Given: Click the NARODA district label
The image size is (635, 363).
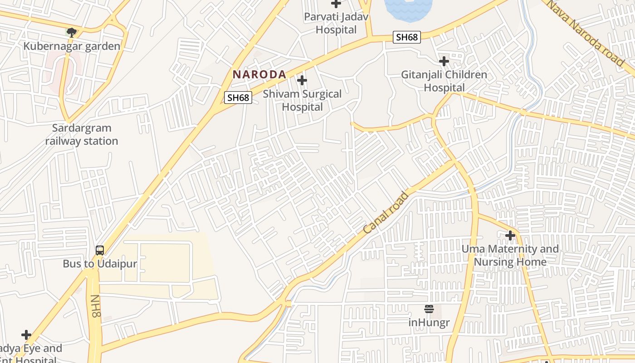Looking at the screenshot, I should click(259, 74).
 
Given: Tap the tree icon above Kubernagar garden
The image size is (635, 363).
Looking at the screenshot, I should click(71, 32).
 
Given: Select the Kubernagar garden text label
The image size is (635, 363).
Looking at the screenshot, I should click(72, 46).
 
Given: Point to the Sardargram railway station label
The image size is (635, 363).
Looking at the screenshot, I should click(82, 135).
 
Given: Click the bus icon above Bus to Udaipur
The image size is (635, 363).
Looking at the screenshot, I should click(100, 250).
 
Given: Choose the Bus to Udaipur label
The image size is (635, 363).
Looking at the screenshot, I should click(100, 264).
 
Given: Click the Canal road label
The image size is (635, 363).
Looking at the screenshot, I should click(386, 213).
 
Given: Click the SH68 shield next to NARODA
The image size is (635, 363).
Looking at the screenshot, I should click(238, 98).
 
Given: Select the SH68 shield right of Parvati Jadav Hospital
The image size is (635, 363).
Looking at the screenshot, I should click(406, 37).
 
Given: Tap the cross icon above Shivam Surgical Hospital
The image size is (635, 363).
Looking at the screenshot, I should click(302, 81).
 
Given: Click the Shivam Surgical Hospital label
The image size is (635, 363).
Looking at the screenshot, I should click(302, 101).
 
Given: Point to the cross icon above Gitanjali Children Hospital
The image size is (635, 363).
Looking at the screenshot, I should click(444, 61).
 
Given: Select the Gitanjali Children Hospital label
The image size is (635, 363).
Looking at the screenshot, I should click(444, 81).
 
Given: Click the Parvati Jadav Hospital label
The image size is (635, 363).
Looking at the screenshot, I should click(336, 24).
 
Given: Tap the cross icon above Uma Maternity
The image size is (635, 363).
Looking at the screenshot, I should click(510, 235).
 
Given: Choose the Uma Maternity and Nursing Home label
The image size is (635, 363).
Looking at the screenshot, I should click(510, 255).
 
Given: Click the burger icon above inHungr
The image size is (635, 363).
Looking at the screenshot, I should click(429, 309).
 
